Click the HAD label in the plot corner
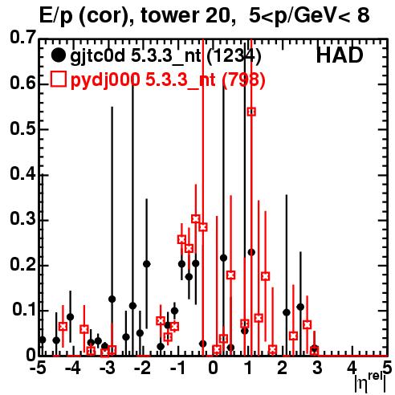click(340, 55)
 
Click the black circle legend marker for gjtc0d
click(58, 55)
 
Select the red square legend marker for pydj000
click(58, 79)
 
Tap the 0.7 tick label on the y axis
click(23, 38)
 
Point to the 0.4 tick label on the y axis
click(23, 173)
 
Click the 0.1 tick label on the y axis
click(24, 310)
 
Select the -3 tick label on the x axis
click(107, 369)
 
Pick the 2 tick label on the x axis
click(283, 369)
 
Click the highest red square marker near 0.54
click(251, 112)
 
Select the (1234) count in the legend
click(234, 56)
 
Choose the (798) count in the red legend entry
click(243, 79)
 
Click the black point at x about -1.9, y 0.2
click(147, 264)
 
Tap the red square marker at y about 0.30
click(196, 218)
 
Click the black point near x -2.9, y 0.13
click(112, 299)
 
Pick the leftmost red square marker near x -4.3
click(63, 326)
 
